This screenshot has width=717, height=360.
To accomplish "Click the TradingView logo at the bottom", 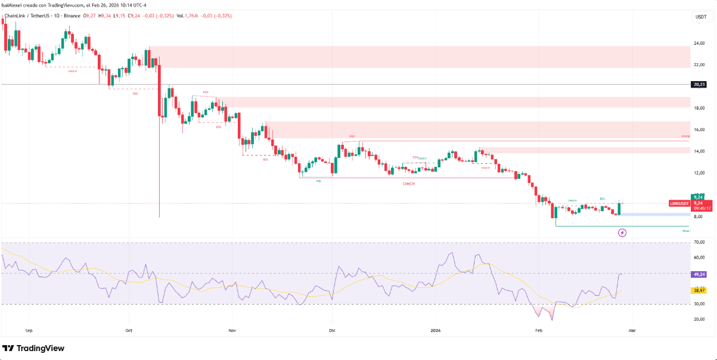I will pos(33,348).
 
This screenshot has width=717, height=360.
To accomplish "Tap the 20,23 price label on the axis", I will pos(699,85).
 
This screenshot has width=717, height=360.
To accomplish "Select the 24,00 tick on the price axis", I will pos(699,43).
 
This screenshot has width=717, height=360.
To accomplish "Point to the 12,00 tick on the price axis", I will pos(699,173).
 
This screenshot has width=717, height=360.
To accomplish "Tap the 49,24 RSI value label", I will pos(699,274).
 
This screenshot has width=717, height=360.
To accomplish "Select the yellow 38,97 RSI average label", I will pos(699,290).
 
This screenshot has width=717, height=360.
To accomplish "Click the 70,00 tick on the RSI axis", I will pos(699,243).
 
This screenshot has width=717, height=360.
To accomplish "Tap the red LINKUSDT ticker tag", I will pos(679,204).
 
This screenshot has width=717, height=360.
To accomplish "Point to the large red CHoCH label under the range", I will pos(409,184).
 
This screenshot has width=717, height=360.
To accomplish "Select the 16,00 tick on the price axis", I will pos(699,129).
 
